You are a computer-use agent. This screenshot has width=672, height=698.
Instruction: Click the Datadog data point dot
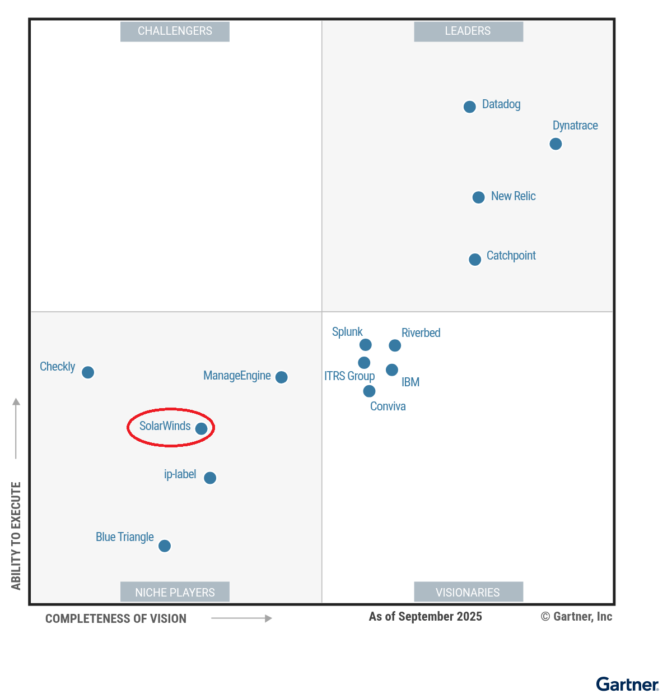click(470, 107)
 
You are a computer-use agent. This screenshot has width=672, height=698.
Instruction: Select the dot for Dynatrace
click(556, 144)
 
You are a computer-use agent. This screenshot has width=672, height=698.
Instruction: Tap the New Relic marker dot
click(478, 197)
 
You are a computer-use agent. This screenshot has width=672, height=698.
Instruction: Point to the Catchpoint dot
click(475, 260)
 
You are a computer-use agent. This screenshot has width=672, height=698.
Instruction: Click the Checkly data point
click(88, 372)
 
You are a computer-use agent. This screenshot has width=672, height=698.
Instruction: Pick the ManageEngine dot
click(282, 377)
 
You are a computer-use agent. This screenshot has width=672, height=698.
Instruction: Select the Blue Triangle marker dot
click(165, 546)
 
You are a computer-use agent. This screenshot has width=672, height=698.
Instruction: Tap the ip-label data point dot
click(210, 478)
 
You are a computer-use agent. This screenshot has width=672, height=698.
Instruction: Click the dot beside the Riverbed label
click(395, 345)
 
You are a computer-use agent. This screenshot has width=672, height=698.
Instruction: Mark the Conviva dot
click(369, 391)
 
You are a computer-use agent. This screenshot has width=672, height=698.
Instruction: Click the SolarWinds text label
click(165, 426)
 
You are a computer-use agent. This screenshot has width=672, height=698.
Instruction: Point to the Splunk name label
click(347, 332)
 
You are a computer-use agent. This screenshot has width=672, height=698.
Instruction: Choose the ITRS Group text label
click(349, 376)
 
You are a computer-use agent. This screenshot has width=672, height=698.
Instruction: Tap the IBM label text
click(410, 382)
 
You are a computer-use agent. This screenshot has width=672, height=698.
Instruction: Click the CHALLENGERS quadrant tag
click(175, 31)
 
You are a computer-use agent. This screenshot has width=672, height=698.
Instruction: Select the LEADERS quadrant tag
click(468, 31)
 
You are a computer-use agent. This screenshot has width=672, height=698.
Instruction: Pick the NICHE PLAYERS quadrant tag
click(175, 592)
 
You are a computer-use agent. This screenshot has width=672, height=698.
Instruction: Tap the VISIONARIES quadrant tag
click(468, 592)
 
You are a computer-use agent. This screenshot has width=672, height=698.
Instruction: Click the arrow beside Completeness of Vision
click(241, 618)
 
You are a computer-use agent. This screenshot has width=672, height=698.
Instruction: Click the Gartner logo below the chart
click(627, 685)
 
